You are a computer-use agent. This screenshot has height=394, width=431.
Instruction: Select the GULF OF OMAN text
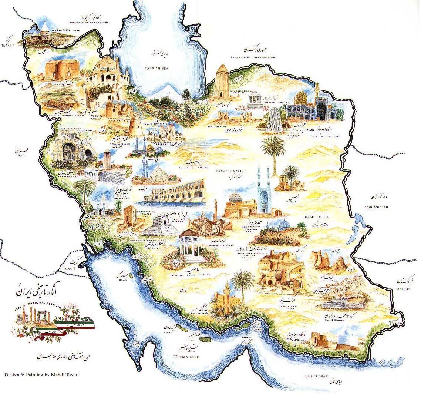[315, 375]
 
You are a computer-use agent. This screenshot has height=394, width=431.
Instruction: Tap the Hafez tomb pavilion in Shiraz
[190, 245]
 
